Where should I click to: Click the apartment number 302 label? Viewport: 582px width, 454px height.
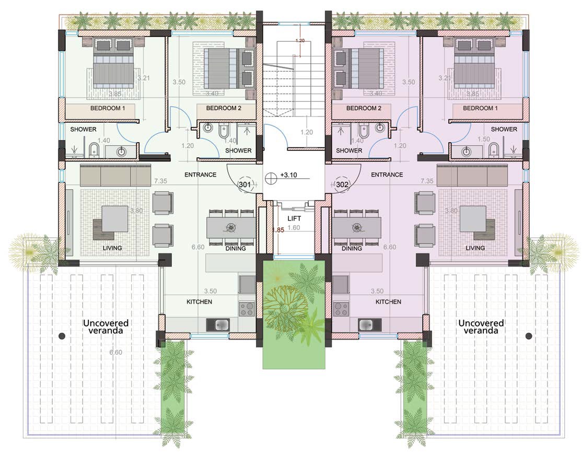click(342, 184)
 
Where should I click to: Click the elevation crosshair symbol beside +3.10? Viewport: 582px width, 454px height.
click(271, 177)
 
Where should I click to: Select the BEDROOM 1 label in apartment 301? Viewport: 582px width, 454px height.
click(108, 109)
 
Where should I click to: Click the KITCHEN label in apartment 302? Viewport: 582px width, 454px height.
click(388, 302)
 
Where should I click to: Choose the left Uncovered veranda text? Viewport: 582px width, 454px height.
click(106, 327)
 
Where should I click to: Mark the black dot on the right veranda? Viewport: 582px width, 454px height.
click(528, 335)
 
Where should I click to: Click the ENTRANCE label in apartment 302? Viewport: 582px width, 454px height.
click(387, 175)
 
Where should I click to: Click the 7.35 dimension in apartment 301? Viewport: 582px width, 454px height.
click(161, 181)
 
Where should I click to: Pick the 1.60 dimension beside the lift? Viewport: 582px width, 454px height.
click(294, 228)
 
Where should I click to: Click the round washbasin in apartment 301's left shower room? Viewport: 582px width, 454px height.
click(121, 152)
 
